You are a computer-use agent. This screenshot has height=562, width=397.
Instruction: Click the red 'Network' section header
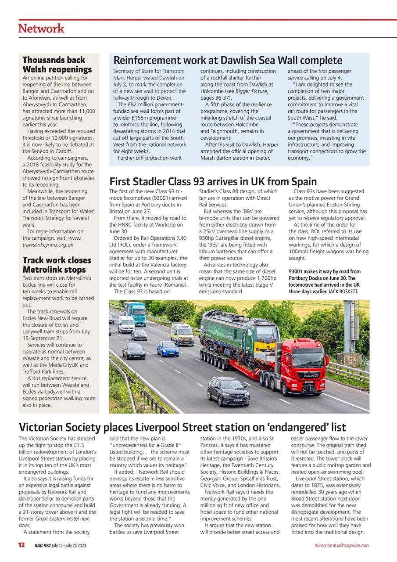click(41, 29)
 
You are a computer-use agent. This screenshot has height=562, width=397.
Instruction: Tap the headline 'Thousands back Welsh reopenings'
click(57, 65)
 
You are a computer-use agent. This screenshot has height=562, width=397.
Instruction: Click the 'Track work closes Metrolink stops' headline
click(57, 265)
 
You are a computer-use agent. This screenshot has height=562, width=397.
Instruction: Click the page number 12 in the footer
click(21, 545)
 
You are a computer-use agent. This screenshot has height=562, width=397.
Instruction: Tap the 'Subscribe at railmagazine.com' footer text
click(341, 545)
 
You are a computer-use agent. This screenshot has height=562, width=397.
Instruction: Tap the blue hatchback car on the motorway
click(168, 349)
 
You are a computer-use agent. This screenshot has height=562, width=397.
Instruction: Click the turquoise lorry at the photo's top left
click(135, 313)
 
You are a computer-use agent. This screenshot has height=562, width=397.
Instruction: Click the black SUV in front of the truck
click(228, 391)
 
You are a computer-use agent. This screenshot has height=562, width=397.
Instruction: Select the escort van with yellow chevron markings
click(182, 335)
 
